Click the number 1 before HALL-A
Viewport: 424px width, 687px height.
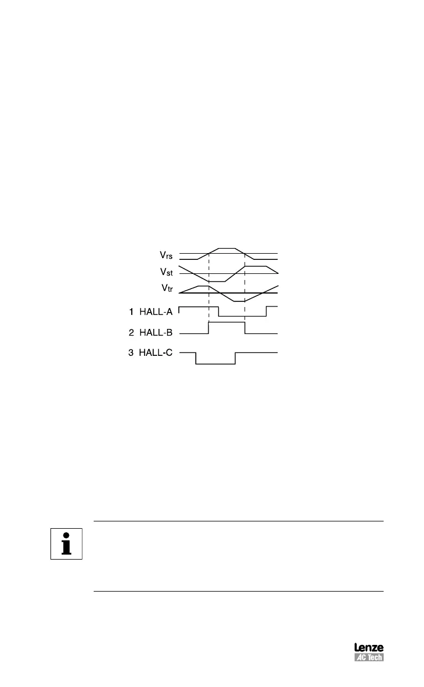click(131, 310)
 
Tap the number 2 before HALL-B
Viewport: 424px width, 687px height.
click(131, 332)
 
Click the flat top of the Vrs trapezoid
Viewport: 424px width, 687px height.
click(227, 248)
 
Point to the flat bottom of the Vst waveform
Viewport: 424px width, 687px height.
click(216, 281)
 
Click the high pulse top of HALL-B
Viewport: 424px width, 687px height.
click(227, 322)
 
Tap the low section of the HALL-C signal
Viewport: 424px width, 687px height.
click(215, 364)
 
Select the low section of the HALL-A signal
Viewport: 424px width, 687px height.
click(242, 317)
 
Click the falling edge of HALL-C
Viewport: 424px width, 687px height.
click(196, 358)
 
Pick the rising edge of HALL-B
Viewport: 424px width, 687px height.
click(208, 328)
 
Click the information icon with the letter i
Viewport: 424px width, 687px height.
click(67, 543)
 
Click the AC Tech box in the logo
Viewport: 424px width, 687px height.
click(368, 657)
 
